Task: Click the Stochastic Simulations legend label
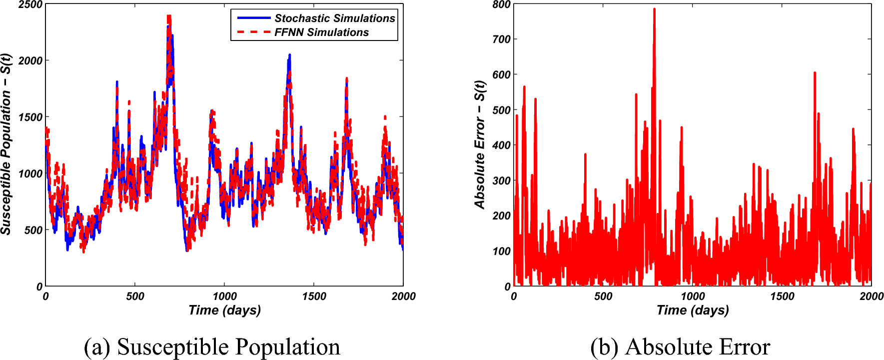(334, 18)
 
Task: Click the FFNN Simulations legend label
(321, 32)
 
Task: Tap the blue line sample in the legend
(254, 18)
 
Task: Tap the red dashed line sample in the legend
(254, 32)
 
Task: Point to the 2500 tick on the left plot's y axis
(30, 4)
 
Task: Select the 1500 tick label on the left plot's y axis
(30, 117)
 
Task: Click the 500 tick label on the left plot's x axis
(135, 296)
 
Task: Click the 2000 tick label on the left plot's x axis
(403, 296)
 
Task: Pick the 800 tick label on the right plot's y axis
(501, 4)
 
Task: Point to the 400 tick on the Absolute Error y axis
(501, 145)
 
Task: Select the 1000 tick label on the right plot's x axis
(693, 296)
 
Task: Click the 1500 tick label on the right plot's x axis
(782, 296)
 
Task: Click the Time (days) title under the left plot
(224, 310)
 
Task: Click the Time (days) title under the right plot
(693, 310)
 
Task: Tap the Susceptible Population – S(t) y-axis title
(6, 144)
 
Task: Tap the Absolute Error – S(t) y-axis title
(480, 144)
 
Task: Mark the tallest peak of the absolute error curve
(654, 9)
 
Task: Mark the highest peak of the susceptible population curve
(169, 17)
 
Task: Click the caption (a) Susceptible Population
(212, 347)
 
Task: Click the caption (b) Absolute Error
(680, 347)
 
